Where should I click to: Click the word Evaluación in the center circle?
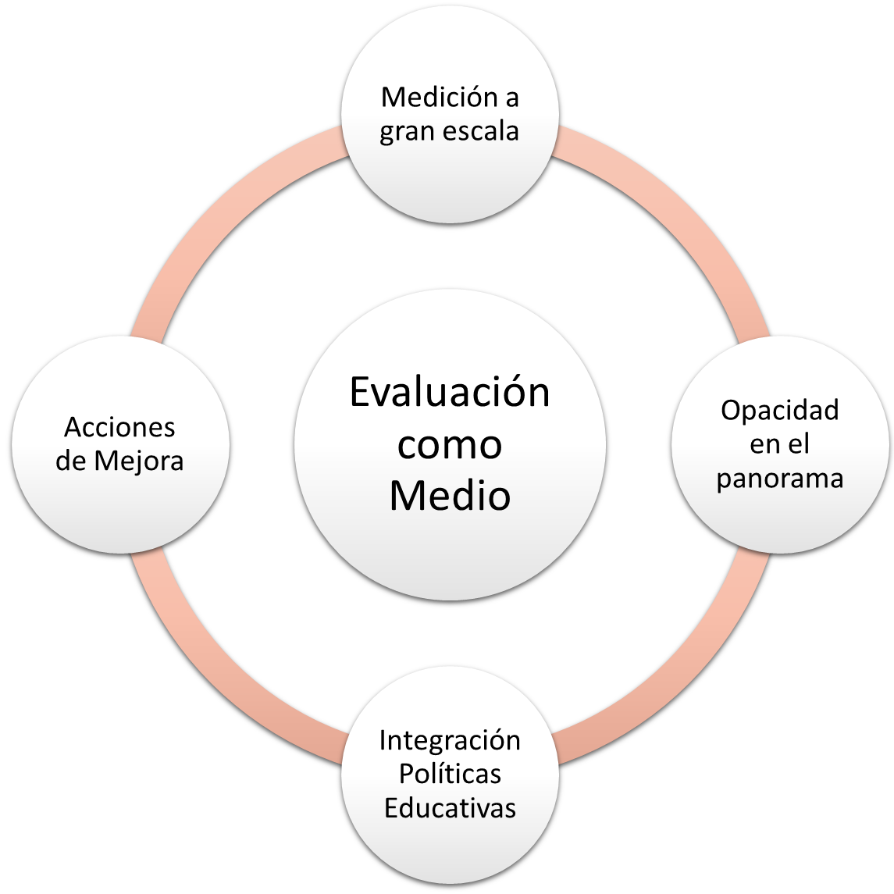click(450, 393)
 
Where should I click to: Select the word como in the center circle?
click(450, 444)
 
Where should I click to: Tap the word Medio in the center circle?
click(450, 495)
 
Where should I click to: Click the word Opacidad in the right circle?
click(779, 410)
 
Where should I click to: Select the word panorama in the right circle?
click(779, 479)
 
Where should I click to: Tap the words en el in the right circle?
click(779, 443)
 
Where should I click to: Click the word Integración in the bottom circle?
click(450, 739)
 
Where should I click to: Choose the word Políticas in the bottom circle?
click(450, 773)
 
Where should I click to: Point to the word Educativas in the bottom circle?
click(450, 807)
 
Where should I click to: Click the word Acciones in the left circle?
click(120, 427)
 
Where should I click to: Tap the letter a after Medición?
click(511, 99)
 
